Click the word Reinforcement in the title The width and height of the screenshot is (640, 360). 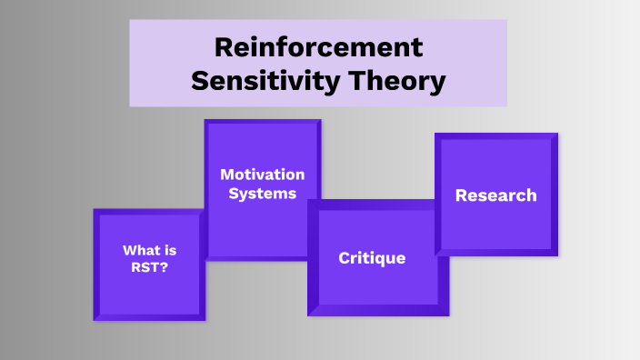tap(318, 47)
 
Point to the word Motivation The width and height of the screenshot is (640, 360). tap(262, 175)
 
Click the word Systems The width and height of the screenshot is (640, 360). tap(262, 193)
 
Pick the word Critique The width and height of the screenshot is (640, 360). tap(372, 258)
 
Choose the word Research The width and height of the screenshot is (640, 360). tap(495, 195)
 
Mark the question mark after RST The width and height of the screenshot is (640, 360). tap(163, 268)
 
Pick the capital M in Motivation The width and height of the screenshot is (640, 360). tap(225, 175)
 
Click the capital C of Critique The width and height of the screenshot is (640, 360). tap(344, 258)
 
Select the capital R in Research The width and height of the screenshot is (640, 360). tap(460, 195)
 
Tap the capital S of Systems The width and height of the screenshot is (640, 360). tap(233, 193)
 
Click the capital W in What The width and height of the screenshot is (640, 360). tap(128, 251)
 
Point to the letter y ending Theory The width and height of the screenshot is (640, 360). tap(438, 84)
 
